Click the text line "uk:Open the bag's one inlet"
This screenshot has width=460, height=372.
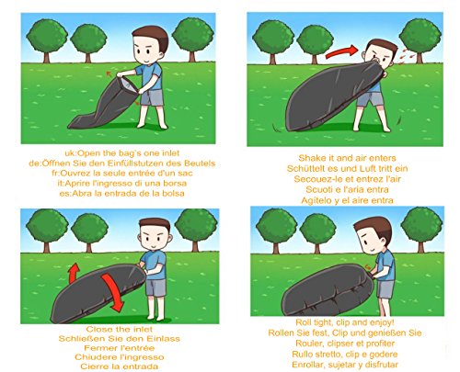(122, 153)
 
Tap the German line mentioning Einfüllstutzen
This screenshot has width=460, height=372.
(122, 163)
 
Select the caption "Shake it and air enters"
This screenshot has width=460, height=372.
(347, 158)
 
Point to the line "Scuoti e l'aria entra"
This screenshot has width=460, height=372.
(347, 189)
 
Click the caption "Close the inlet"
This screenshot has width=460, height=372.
(120, 330)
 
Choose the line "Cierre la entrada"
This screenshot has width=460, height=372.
(120, 366)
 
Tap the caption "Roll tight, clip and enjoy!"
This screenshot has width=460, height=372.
(345, 322)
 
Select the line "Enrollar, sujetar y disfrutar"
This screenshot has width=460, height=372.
(345, 365)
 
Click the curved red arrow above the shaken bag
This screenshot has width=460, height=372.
(341, 51)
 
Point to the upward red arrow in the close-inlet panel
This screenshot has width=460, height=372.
(74, 273)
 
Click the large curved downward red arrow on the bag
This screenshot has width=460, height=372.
(114, 292)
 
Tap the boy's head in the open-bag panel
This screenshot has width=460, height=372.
(151, 45)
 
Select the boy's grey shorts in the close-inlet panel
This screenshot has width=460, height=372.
(155, 287)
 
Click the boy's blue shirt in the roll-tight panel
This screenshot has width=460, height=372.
(385, 265)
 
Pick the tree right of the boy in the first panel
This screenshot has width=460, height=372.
(192, 39)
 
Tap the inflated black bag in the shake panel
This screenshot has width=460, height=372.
(333, 96)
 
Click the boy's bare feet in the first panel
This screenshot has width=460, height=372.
(153, 125)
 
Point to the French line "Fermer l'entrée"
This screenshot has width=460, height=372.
(120, 348)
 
